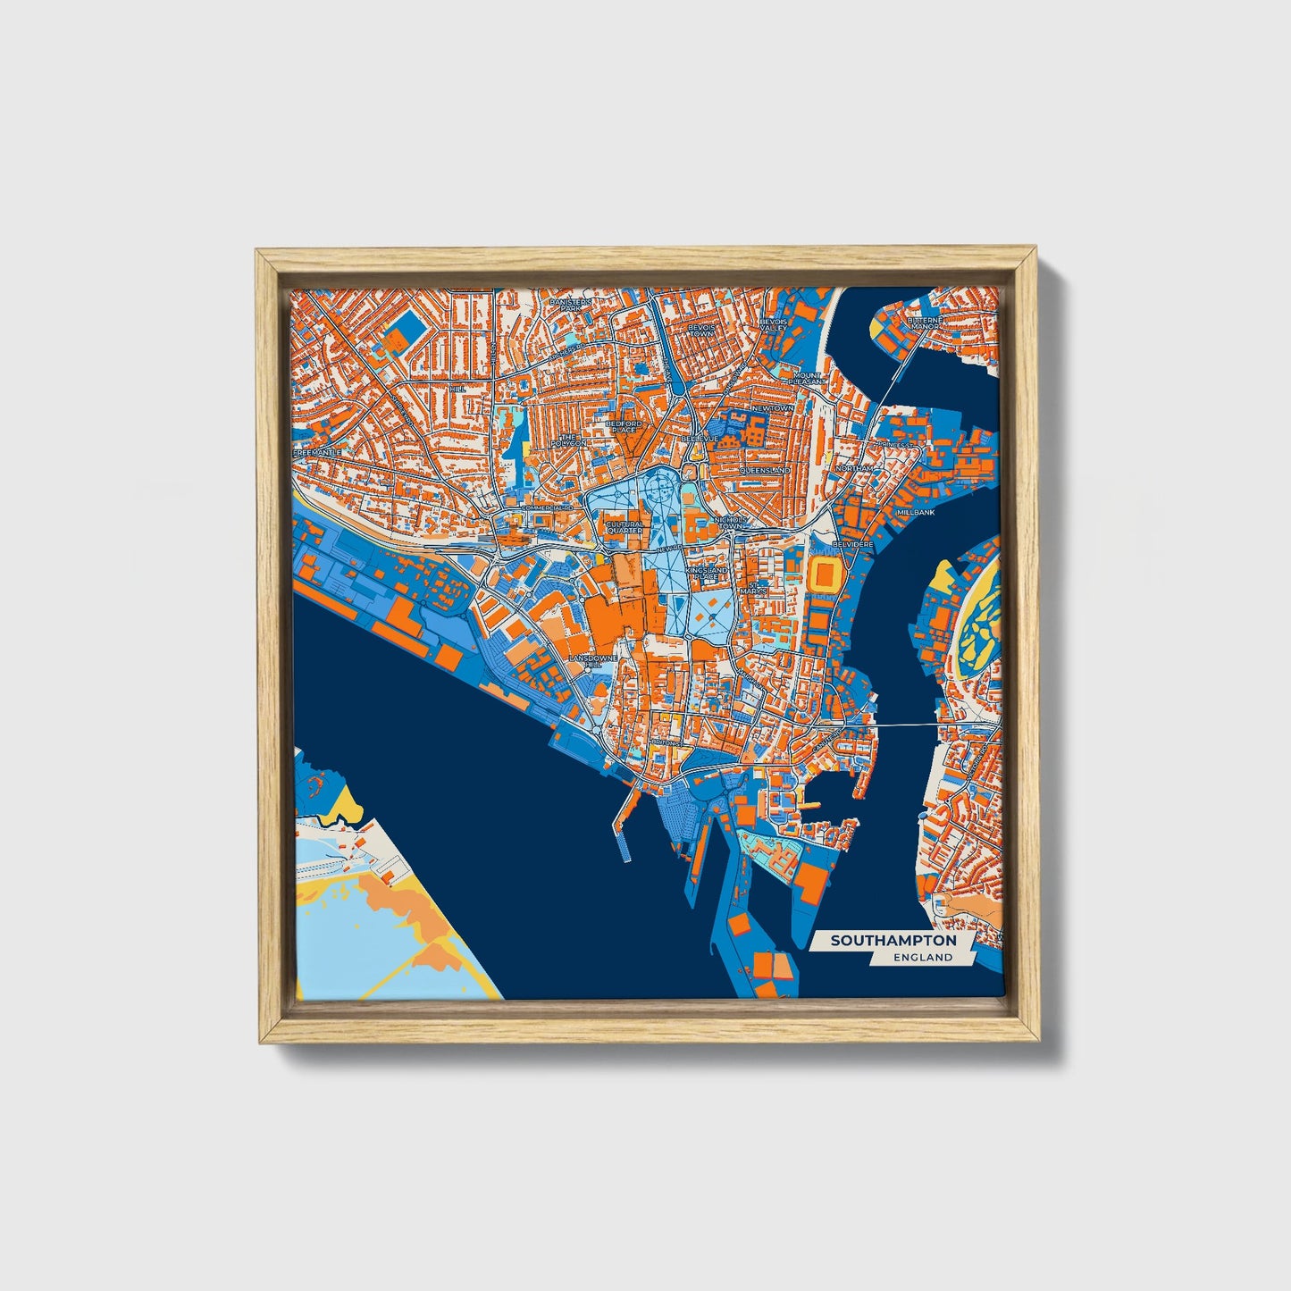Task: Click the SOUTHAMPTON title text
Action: click(893, 941)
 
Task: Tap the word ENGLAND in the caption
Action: click(922, 958)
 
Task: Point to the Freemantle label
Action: click(317, 453)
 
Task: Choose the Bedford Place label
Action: click(624, 426)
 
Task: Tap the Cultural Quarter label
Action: click(625, 528)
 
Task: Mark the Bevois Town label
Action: click(701, 331)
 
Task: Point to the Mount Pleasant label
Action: click(805, 378)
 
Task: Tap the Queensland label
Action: click(764, 470)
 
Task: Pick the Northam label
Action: click(853, 468)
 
